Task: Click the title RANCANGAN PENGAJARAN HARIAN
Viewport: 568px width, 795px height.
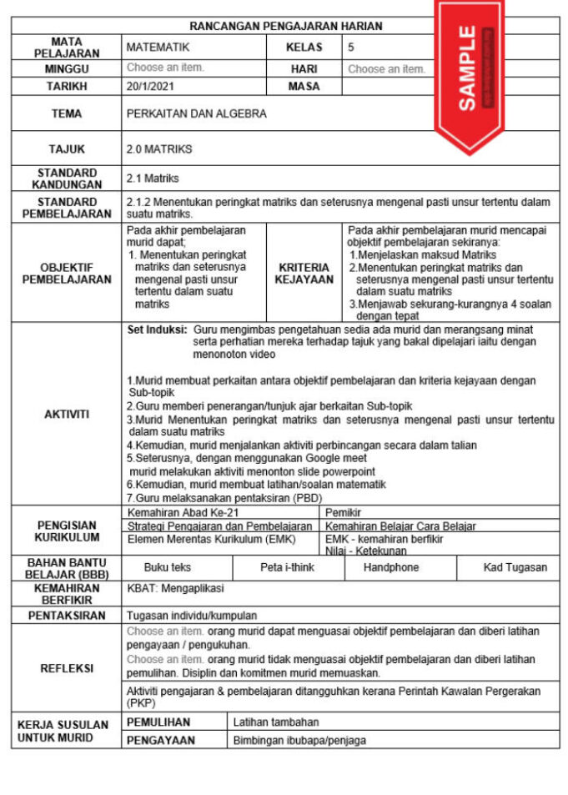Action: click(x=285, y=26)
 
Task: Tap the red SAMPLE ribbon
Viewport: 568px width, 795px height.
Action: click(x=469, y=71)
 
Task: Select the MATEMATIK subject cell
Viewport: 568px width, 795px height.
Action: click(x=158, y=48)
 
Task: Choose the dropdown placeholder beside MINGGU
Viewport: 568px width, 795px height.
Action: click(x=165, y=68)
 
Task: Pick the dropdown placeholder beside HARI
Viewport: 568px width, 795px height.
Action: click(x=386, y=69)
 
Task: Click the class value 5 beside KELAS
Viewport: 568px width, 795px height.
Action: click(x=351, y=48)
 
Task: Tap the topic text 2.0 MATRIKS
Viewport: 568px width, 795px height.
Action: click(x=159, y=149)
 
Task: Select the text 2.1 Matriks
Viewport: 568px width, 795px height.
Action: click(x=153, y=179)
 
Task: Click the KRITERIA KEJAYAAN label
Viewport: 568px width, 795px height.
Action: click(x=304, y=274)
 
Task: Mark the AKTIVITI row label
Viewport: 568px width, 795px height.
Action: click(x=66, y=415)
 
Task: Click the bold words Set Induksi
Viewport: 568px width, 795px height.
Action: click(x=156, y=330)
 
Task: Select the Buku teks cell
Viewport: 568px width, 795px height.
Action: click(x=167, y=567)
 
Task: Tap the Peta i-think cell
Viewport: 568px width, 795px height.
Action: click(x=287, y=567)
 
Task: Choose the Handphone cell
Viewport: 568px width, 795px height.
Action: click(x=400, y=567)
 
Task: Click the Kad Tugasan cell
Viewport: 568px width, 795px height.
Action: click(x=515, y=567)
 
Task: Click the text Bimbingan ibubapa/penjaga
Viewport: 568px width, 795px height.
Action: click(x=299, y=740)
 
